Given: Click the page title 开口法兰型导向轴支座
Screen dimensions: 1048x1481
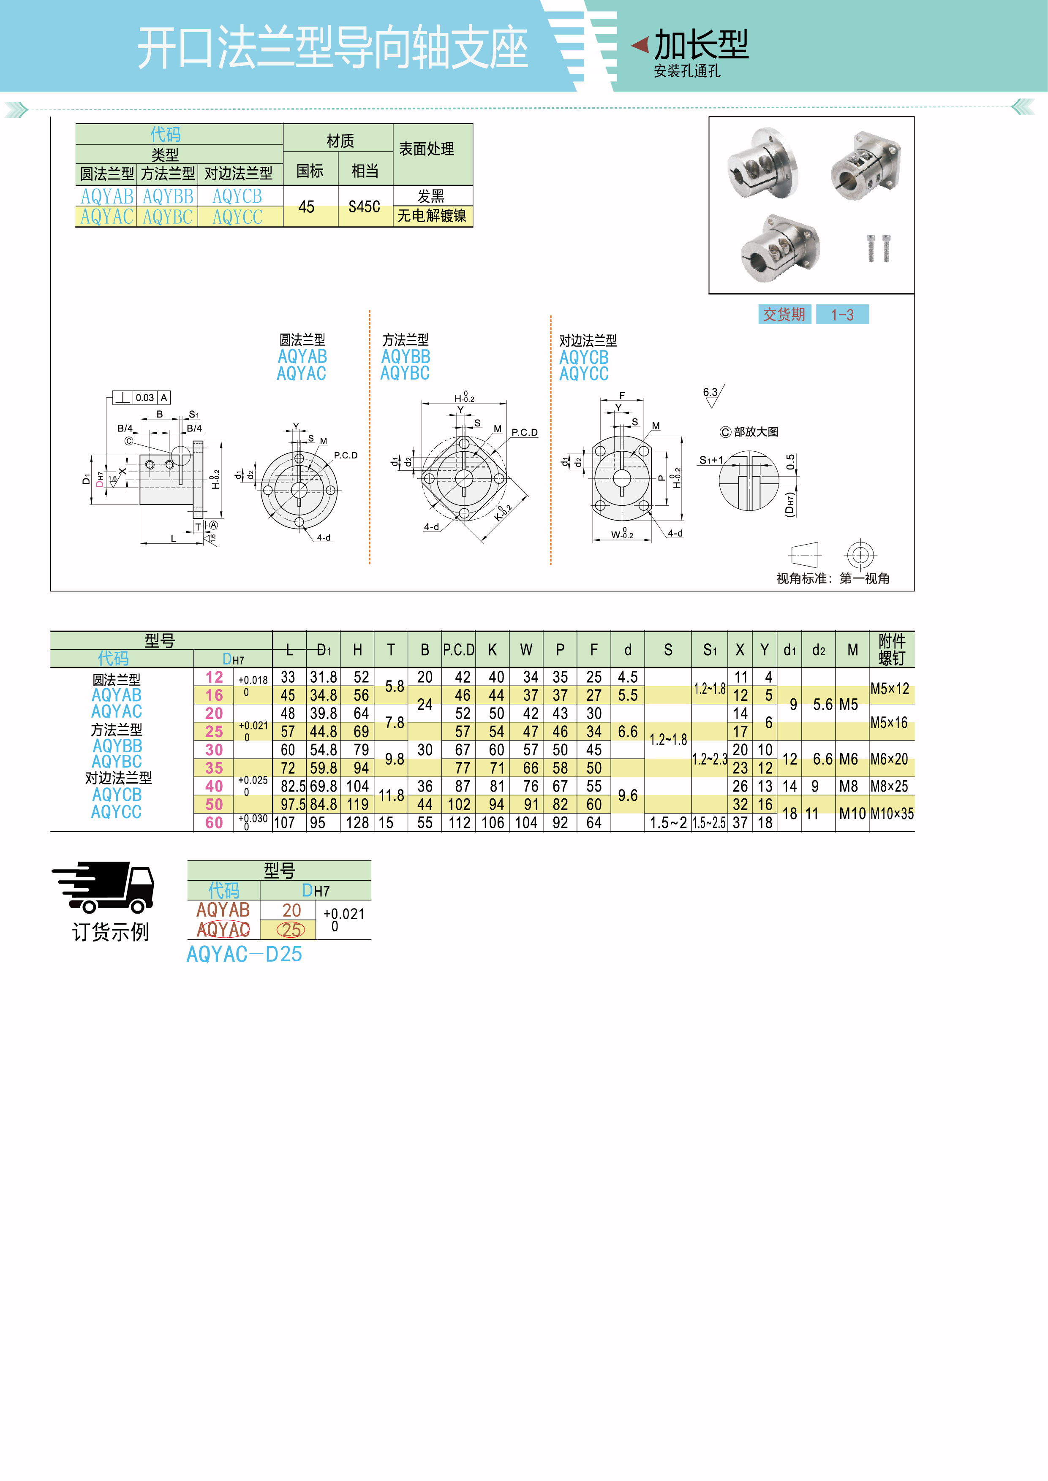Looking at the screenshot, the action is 332,48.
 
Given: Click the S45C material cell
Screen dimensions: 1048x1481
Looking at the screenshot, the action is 364,206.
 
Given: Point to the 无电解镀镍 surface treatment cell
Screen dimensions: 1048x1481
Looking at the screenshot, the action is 432,215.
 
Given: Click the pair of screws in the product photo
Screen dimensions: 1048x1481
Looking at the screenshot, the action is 878,248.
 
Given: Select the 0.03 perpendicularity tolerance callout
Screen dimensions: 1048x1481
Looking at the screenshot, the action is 144,397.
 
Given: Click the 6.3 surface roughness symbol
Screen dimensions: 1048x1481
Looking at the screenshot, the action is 713,396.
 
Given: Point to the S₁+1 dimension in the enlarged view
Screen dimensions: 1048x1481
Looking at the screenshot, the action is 711,460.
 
